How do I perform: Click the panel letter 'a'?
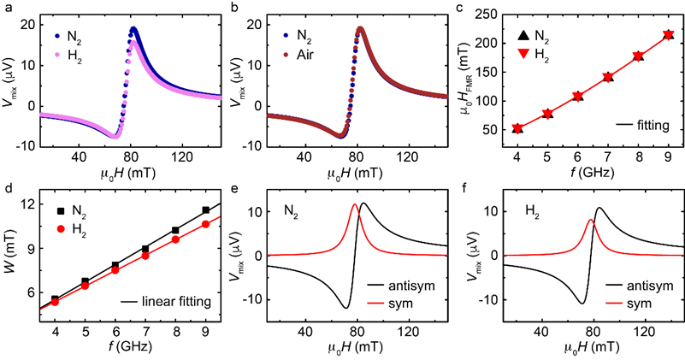[x=6, y=8]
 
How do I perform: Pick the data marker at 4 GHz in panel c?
[x=517, y=128]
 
